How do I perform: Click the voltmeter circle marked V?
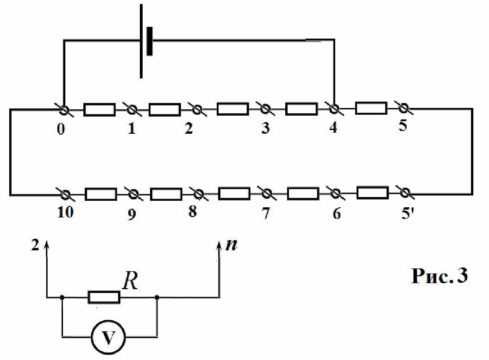coord(108,337)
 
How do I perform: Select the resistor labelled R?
coord(104,298)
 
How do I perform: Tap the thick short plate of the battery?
coord(150,41)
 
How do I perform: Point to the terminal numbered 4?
coord(334,109)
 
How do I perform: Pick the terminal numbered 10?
coord(65,195)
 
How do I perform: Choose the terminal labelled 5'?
coord(404,193)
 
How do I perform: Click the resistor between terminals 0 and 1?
coord(100,110)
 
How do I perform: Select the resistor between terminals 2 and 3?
coord(232,109)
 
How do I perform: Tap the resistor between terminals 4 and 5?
coord(371,108)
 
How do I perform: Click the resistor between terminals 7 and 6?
coord(303,193)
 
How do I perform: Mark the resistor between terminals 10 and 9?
coord(101,194)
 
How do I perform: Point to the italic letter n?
coord(232,245)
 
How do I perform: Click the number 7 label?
coord(266,213)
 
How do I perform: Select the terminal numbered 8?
coord(198,194)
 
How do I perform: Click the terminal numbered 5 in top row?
coord(403,108)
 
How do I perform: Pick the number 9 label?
coord(132,215)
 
